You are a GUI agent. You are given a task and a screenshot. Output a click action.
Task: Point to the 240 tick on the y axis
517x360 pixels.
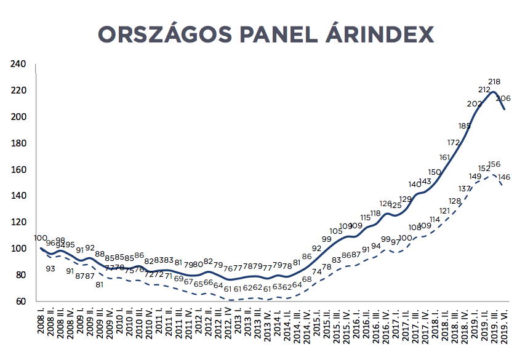coord(18,64)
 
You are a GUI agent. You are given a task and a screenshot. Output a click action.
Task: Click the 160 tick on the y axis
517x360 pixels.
coord(18,170)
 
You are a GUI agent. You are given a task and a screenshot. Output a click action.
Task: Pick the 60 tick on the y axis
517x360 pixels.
coord(21,302)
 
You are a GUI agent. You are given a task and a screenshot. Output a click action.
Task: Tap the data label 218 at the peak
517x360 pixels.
coord(494,81)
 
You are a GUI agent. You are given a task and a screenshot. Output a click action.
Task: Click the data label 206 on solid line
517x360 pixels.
coord(503,98)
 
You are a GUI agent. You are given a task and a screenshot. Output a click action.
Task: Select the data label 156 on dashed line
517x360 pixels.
coord(494,164)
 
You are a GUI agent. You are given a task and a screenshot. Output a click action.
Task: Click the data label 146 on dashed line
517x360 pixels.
coord(504,177)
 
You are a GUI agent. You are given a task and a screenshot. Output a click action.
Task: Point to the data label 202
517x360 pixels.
coord(475,103)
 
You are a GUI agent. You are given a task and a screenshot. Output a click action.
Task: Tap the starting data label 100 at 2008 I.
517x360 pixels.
coord(41,238)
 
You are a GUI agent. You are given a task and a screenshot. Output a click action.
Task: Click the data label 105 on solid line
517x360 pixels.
coord(336,231)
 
